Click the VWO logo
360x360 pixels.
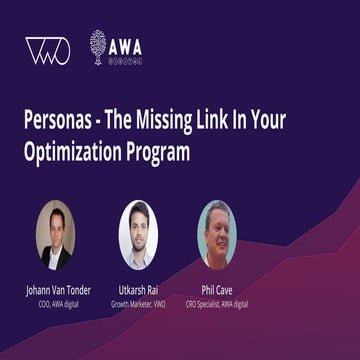pos(48,51)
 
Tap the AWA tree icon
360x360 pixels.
pos(97,46)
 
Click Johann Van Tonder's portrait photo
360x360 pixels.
pos(56,234)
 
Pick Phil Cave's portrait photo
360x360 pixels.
pos(216,234)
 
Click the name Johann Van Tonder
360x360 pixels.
pos(58,290)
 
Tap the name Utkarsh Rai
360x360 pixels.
pos(138,290)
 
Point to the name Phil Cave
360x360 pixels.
pos(217,290)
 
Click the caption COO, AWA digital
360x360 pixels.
pos(58,303)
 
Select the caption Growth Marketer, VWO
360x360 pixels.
pos(138,303)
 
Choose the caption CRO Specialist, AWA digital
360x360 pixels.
pos(217,303)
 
